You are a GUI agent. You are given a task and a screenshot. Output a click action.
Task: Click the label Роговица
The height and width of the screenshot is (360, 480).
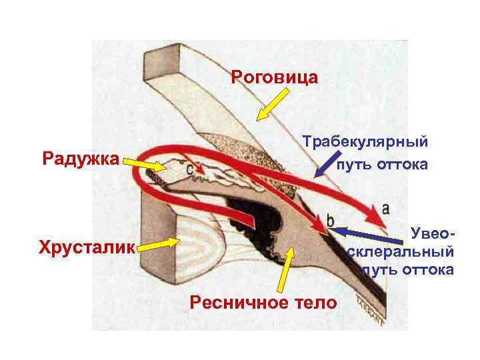pyautogui.click(x=274, y=77)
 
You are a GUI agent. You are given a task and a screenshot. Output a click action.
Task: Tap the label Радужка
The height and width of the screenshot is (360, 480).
pyautogui.click(x=80, y=159)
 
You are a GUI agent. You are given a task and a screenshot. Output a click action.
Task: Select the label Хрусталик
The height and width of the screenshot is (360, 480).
pyautogui.click(x=87, y=248)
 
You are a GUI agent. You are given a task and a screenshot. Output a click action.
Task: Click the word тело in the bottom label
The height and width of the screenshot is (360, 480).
pyautogui.click(x=315, y=303)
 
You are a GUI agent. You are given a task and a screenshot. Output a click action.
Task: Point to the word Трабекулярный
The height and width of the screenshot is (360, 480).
pyautogui.click(x=365, y=141)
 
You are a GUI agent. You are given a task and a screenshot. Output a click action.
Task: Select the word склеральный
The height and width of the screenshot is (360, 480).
pyautogui.click(x=401, y=252)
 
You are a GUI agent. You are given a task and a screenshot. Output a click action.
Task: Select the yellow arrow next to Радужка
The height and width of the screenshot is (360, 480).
pyautogui.click(x=144, y=163)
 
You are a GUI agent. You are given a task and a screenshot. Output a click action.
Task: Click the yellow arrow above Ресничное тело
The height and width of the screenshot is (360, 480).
pyautogui.click(x=285, y=270)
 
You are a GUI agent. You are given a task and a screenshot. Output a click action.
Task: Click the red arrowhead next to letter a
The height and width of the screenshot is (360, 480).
pyautogui.click(x=371, y=215)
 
